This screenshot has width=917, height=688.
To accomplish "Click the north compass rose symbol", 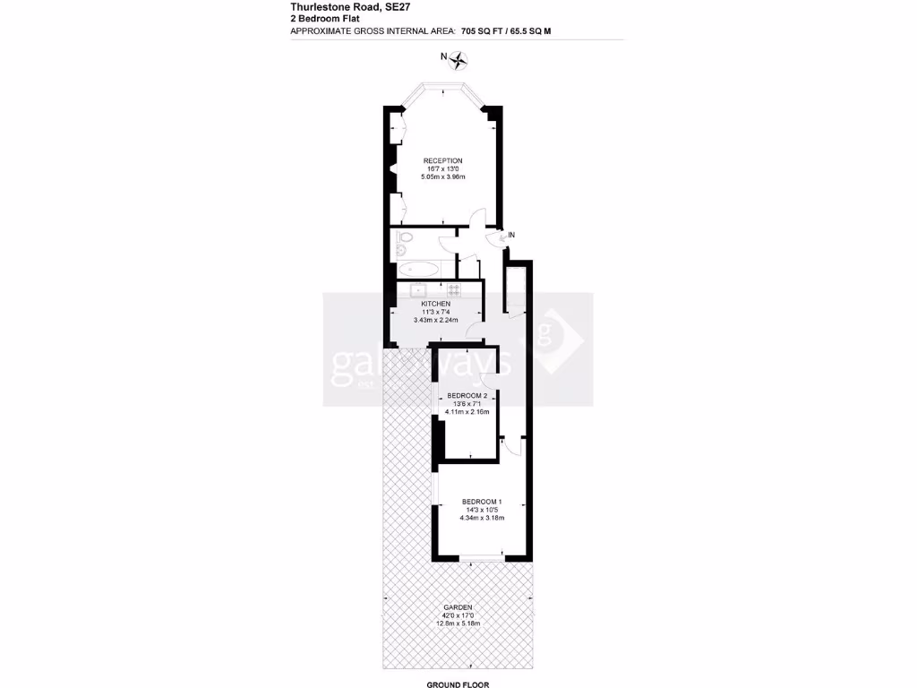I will coord(460,61).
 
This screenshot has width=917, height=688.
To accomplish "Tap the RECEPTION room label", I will coord(443,160).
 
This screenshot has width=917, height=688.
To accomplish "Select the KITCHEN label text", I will coord(436,304).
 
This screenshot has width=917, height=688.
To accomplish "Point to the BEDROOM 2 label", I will coord(467,396).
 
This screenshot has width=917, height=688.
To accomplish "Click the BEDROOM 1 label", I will coord(482,501).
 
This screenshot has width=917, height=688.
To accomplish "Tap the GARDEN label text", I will coord(458,607).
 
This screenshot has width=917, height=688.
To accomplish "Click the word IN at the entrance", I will coord(511,235).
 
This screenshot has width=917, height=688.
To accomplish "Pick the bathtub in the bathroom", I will coord(417,268).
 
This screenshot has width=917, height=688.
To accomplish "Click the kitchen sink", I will coord(418,288).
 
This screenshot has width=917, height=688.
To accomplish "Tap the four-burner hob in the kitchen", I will coord(453,288).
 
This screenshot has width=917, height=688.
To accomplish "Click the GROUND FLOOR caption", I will coord(457,684).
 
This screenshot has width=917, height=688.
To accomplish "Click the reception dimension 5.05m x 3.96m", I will coord(443,177).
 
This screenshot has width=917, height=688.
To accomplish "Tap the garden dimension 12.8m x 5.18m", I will coord(458,623).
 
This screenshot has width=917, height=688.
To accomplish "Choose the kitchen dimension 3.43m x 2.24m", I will coord(436,320).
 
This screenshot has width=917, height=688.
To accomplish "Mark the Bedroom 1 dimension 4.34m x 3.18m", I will coord(482,518).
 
